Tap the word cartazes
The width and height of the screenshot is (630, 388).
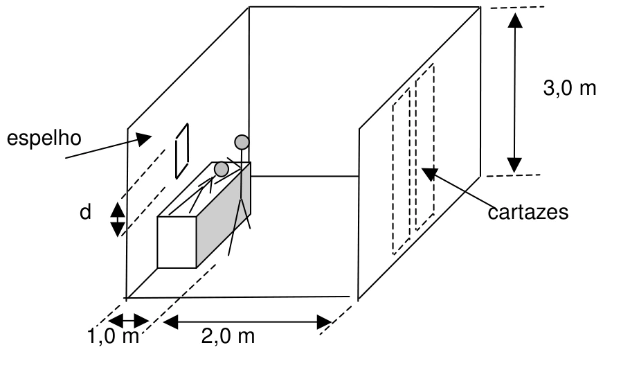pyautogui.click(x=528, y=212)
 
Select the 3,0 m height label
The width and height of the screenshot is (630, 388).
pyautogui.click(x=569, y=88)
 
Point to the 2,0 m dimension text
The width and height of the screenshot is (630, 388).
pyautogui.click(x=228, y=336)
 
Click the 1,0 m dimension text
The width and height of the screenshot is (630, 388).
pyautogui.click(x=114, y=336)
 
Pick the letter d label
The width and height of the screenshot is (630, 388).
pyautogui.click(x=85, y=211)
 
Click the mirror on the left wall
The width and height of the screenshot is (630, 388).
pyautogui.click(x=182, y=151)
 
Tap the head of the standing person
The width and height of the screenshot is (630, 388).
pyautogui.click(x=242, y=142)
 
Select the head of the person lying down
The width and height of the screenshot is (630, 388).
pyautogui.click(x=222, y=169)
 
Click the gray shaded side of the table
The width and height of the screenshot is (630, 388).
pyautogui.click(x=224, y=215)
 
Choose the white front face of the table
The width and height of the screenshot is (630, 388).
pyautogui.click(x=177, y=242)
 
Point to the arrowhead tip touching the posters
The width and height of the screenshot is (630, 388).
pyautogui.click(x=422, y=168)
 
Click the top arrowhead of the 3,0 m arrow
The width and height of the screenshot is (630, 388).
pyautogui.click(x=515, y=20)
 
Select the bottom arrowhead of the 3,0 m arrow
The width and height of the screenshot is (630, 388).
pyautogui.click(x=514, y=166)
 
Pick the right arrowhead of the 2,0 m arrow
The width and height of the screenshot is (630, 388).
pyautogui.click(x=324, y=322)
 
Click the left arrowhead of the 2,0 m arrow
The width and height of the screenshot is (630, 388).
pyautogui.click(x=170, y=322)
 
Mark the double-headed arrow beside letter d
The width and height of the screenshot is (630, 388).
pyautogui.click(x=117, y=220)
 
